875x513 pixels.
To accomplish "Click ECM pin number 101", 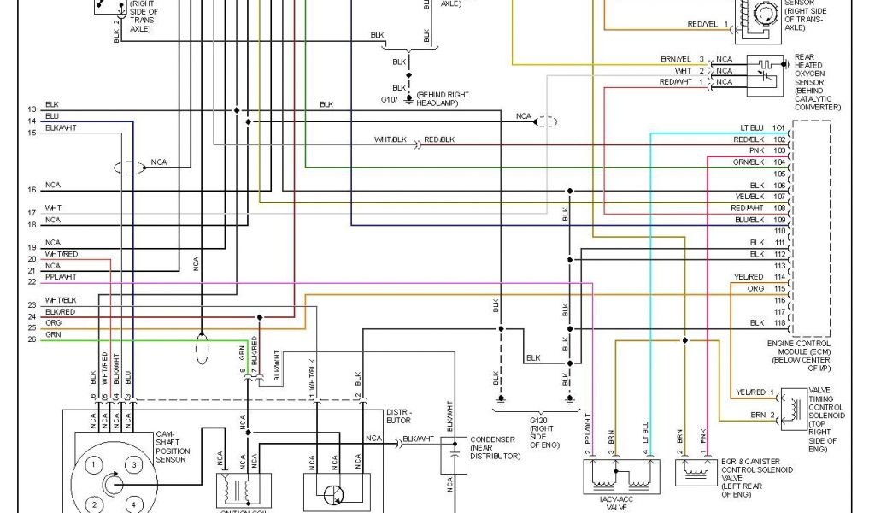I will (x=778, y=127).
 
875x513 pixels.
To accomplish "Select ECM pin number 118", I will (x=778, y=323).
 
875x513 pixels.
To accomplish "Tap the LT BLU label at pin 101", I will (x=751, y=127).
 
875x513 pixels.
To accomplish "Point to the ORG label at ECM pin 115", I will (x=755, y=288).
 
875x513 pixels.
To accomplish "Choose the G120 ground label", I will (x=537, y=422).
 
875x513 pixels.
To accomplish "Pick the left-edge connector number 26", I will (x=32, y=339).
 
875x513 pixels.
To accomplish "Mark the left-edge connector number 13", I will (x=32, y=109).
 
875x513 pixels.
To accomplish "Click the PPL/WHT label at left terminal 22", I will (x=61, y=277).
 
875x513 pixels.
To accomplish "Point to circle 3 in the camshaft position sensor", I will (x=134, y=464).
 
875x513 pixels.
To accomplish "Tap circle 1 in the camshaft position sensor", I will (x=96, y=464).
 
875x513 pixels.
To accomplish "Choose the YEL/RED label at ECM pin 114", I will (x=749, y=277).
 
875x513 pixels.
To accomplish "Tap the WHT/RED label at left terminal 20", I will (x=62, y=254).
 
